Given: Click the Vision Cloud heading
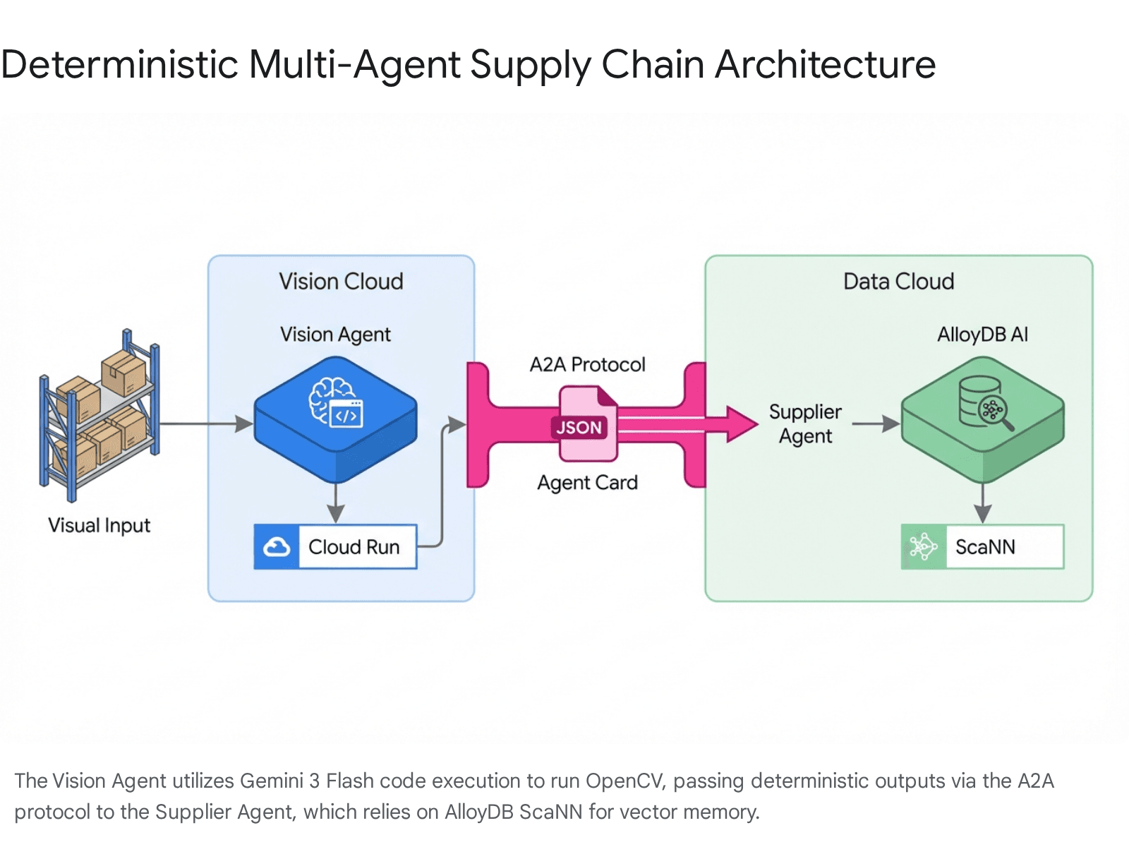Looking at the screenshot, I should [341, 282].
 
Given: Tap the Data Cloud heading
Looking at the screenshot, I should [898, 282].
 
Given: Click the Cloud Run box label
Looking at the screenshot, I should [354, 547].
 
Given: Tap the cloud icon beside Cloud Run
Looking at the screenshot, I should [277, 547].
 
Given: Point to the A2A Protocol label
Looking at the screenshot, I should [587, 365].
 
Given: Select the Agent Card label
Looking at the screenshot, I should [587, 483].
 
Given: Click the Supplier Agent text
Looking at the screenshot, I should [805, 423].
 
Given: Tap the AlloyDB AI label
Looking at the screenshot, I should [982, 335].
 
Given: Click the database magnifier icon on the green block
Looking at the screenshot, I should [985, 403].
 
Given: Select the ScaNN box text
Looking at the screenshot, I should [985, 547].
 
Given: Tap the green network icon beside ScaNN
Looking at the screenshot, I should [923, 547].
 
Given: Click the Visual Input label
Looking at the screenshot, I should [99, 526].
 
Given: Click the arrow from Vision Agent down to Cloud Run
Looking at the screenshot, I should [336, 504].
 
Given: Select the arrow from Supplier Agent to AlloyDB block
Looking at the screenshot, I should [875, 424].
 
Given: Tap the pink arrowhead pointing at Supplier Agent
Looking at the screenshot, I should [741, 424].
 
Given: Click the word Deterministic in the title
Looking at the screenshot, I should [120, 65].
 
